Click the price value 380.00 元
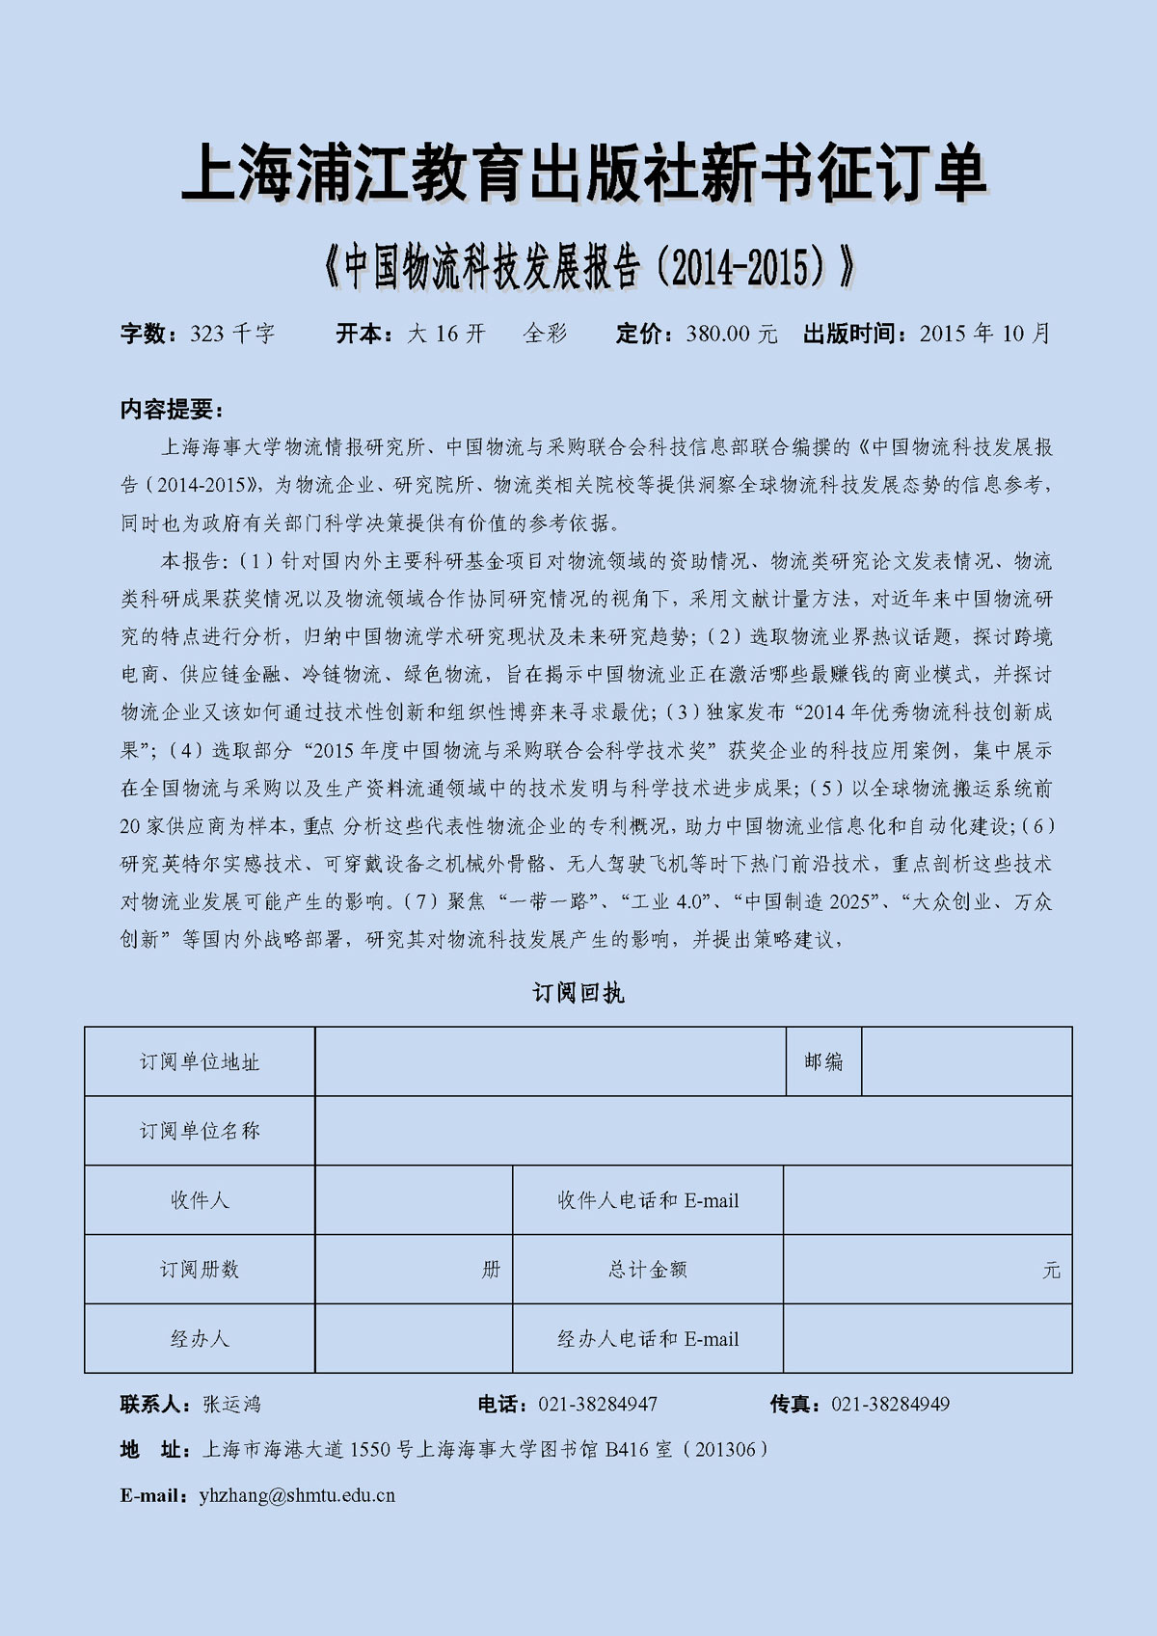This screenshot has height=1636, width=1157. click(x=731, y=334)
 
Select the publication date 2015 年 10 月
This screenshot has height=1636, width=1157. click(x=983, y=334)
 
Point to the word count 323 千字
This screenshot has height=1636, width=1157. click(x=232, y=334)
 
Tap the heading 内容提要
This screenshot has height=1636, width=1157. click(x=171, y=409)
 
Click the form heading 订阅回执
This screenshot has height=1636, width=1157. click(x=578, y=993)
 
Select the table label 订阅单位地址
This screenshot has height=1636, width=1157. click(x=200, y=1061)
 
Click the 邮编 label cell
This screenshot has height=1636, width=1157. click(x=823, y=1061)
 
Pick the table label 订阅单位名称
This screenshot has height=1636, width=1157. click(x=200, y=1131)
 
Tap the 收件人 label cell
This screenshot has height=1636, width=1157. click(x=200, y=1200)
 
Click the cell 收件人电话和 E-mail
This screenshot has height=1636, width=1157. click(x=648, y=1200)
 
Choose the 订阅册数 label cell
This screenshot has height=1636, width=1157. click(x=200, y=1270)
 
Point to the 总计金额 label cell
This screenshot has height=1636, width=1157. click(x=648, y=1270)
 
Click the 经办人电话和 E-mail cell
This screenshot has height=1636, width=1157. click(x=648, y=1339)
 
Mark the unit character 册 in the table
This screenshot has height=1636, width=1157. click(x=491, y=1270)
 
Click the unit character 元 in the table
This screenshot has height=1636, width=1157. click(x=1051, y=1271)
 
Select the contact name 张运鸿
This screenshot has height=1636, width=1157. click(x=231, y=1405)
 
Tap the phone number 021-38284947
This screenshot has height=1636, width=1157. click(x=598, y=1405)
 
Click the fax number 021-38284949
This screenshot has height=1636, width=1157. click(x=890, y=1405)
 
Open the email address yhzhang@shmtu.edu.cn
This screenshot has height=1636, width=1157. click(x=297, y=1496)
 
